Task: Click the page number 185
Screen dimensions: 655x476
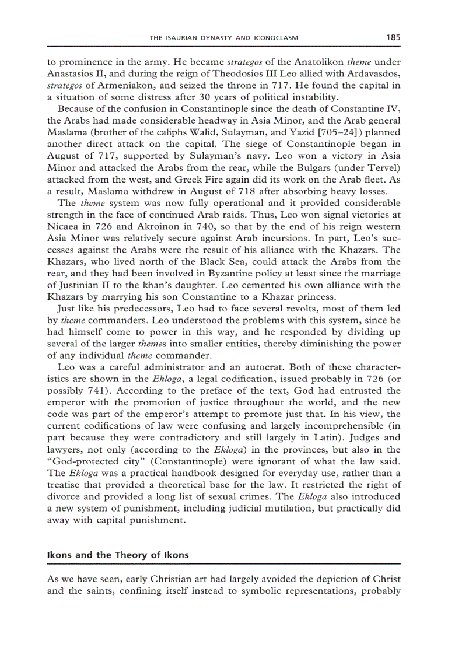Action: pos(393,38)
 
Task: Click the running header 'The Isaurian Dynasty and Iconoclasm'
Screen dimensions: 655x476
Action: pos(224,38)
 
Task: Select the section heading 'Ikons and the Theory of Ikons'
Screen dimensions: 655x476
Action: pos(118,555)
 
